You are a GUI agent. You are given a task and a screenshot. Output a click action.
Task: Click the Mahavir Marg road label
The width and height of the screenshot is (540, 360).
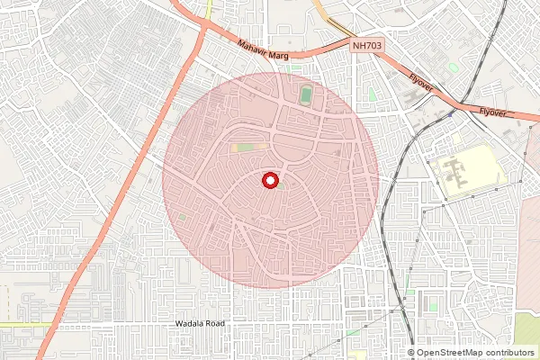264,49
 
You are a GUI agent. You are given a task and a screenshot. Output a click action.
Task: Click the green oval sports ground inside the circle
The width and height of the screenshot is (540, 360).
307,94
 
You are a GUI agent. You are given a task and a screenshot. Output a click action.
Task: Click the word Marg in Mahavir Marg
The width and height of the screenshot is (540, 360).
279,55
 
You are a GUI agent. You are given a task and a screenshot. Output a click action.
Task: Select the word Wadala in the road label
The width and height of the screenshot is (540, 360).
190,322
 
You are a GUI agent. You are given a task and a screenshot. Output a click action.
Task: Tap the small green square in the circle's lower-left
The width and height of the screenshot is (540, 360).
183,217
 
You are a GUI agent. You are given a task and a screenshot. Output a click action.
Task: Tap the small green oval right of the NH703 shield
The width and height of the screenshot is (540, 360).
453,67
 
